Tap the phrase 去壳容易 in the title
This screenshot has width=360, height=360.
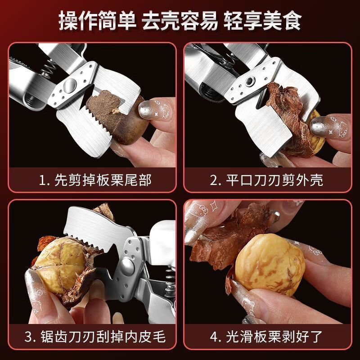pyautogui.click(x=180, y=21)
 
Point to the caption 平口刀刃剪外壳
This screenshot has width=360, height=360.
pyautogui.click(x=267, y=180)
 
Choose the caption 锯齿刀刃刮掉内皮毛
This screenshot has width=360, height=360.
pyautogui.click(x=95, y=337)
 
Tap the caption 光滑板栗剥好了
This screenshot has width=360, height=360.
pyautogui.click(x=267, y=337)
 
